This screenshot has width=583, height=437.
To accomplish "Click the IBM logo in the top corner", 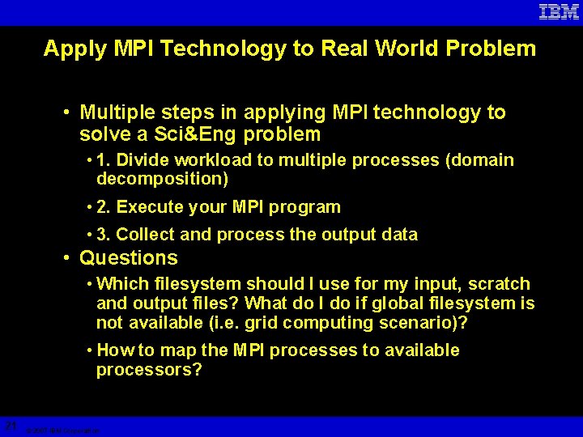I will point(559,12).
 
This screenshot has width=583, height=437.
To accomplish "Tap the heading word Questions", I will point(129,258).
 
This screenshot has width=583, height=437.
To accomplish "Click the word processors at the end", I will point(149,370).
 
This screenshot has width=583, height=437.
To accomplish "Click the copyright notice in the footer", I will point(62,431).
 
